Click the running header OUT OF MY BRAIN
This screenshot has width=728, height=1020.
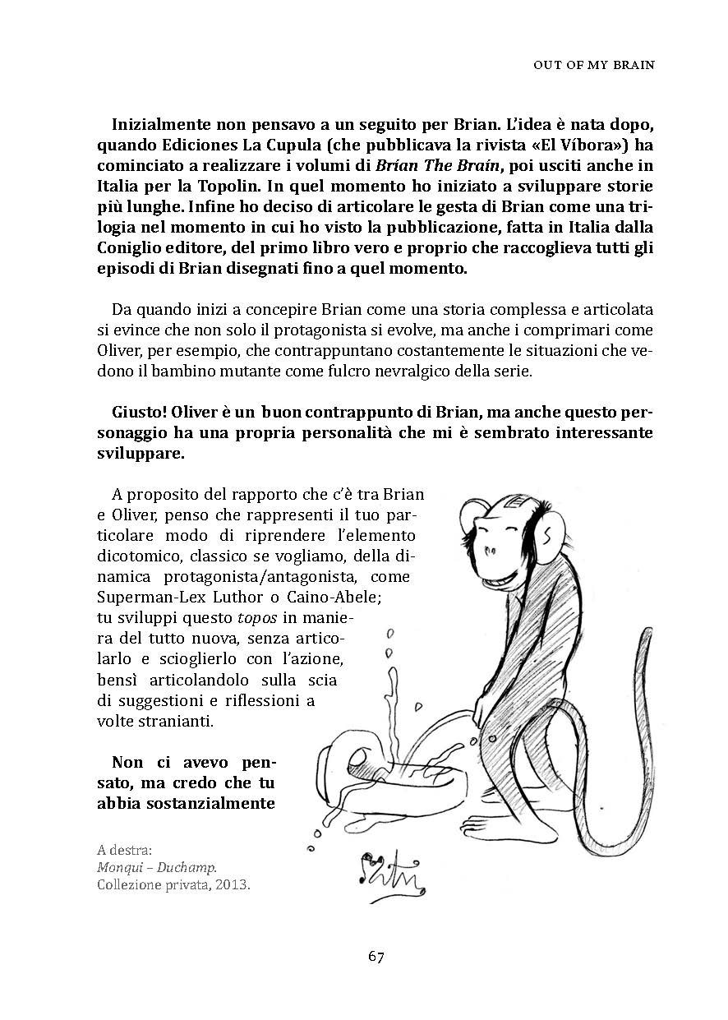click(593, 65)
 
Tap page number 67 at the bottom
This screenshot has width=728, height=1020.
click(376, 956)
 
